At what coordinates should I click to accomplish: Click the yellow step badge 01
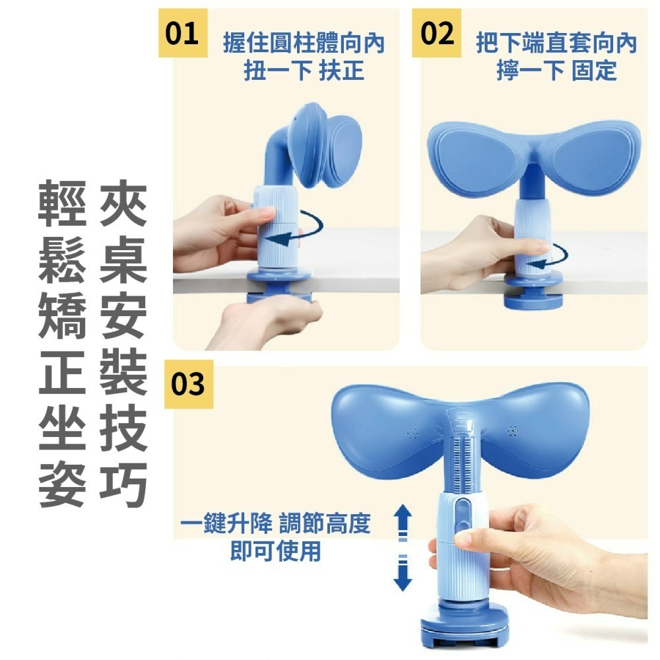[182, 33]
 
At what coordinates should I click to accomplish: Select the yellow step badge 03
[188, 384]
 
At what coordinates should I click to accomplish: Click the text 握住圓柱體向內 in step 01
[304, 44]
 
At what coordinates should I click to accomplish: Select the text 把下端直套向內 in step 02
[556, 44]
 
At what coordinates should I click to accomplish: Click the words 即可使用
[275, 551]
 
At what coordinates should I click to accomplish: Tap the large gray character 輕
[63, 206]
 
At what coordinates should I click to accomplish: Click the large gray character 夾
[123, 206]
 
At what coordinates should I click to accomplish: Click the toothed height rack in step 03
[460, 455]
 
